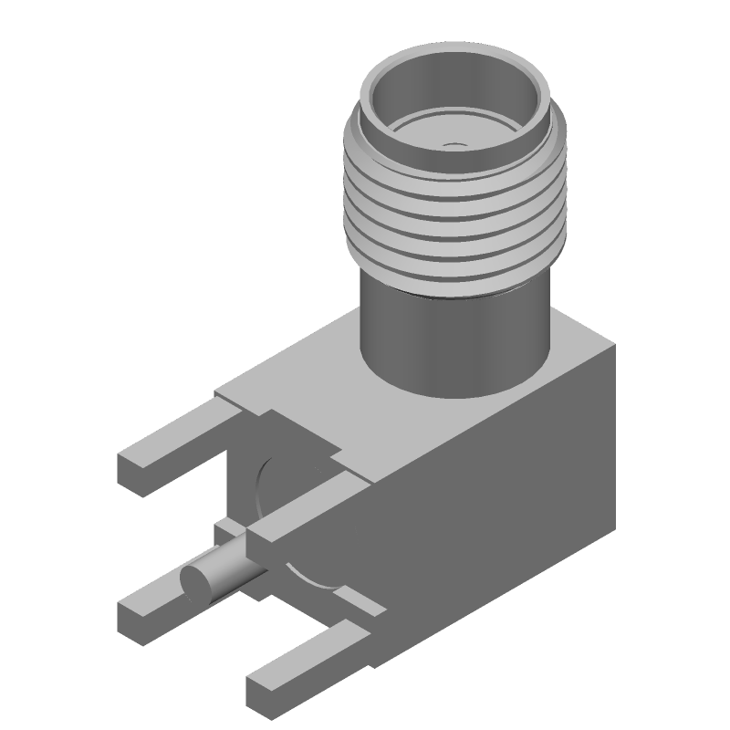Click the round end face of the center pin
[193, 581]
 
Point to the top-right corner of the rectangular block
[613, 348]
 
